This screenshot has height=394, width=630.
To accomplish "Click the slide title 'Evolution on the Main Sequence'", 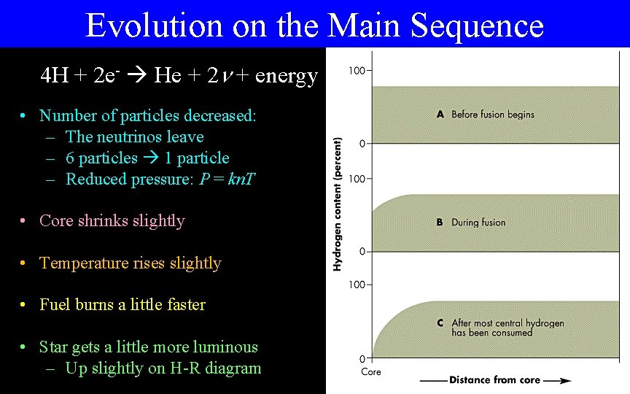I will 314,25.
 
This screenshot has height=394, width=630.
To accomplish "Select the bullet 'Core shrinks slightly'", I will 112,220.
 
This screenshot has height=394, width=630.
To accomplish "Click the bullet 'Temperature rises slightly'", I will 130,263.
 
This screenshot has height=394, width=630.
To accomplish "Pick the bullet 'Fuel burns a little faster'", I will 122,304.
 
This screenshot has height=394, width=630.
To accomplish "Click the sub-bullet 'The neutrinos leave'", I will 134,136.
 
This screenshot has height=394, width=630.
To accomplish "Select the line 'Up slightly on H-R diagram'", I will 163,368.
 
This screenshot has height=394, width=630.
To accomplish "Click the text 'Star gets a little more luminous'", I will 148,347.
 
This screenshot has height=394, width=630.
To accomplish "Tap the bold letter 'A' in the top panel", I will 440,114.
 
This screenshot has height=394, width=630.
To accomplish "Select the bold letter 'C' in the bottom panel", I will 440,322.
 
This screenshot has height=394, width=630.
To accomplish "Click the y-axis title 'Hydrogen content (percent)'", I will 338,204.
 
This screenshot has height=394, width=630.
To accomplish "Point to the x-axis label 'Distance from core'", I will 495,379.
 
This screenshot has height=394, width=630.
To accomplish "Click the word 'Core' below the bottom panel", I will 371,371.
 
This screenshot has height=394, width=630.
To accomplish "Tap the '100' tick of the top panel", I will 357,71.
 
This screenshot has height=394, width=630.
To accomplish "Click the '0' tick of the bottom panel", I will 362,358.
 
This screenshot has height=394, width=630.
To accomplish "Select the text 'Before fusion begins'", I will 492,114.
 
